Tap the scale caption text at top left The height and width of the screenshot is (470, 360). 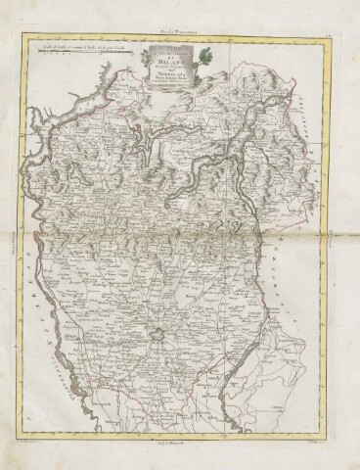pos(76,39)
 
